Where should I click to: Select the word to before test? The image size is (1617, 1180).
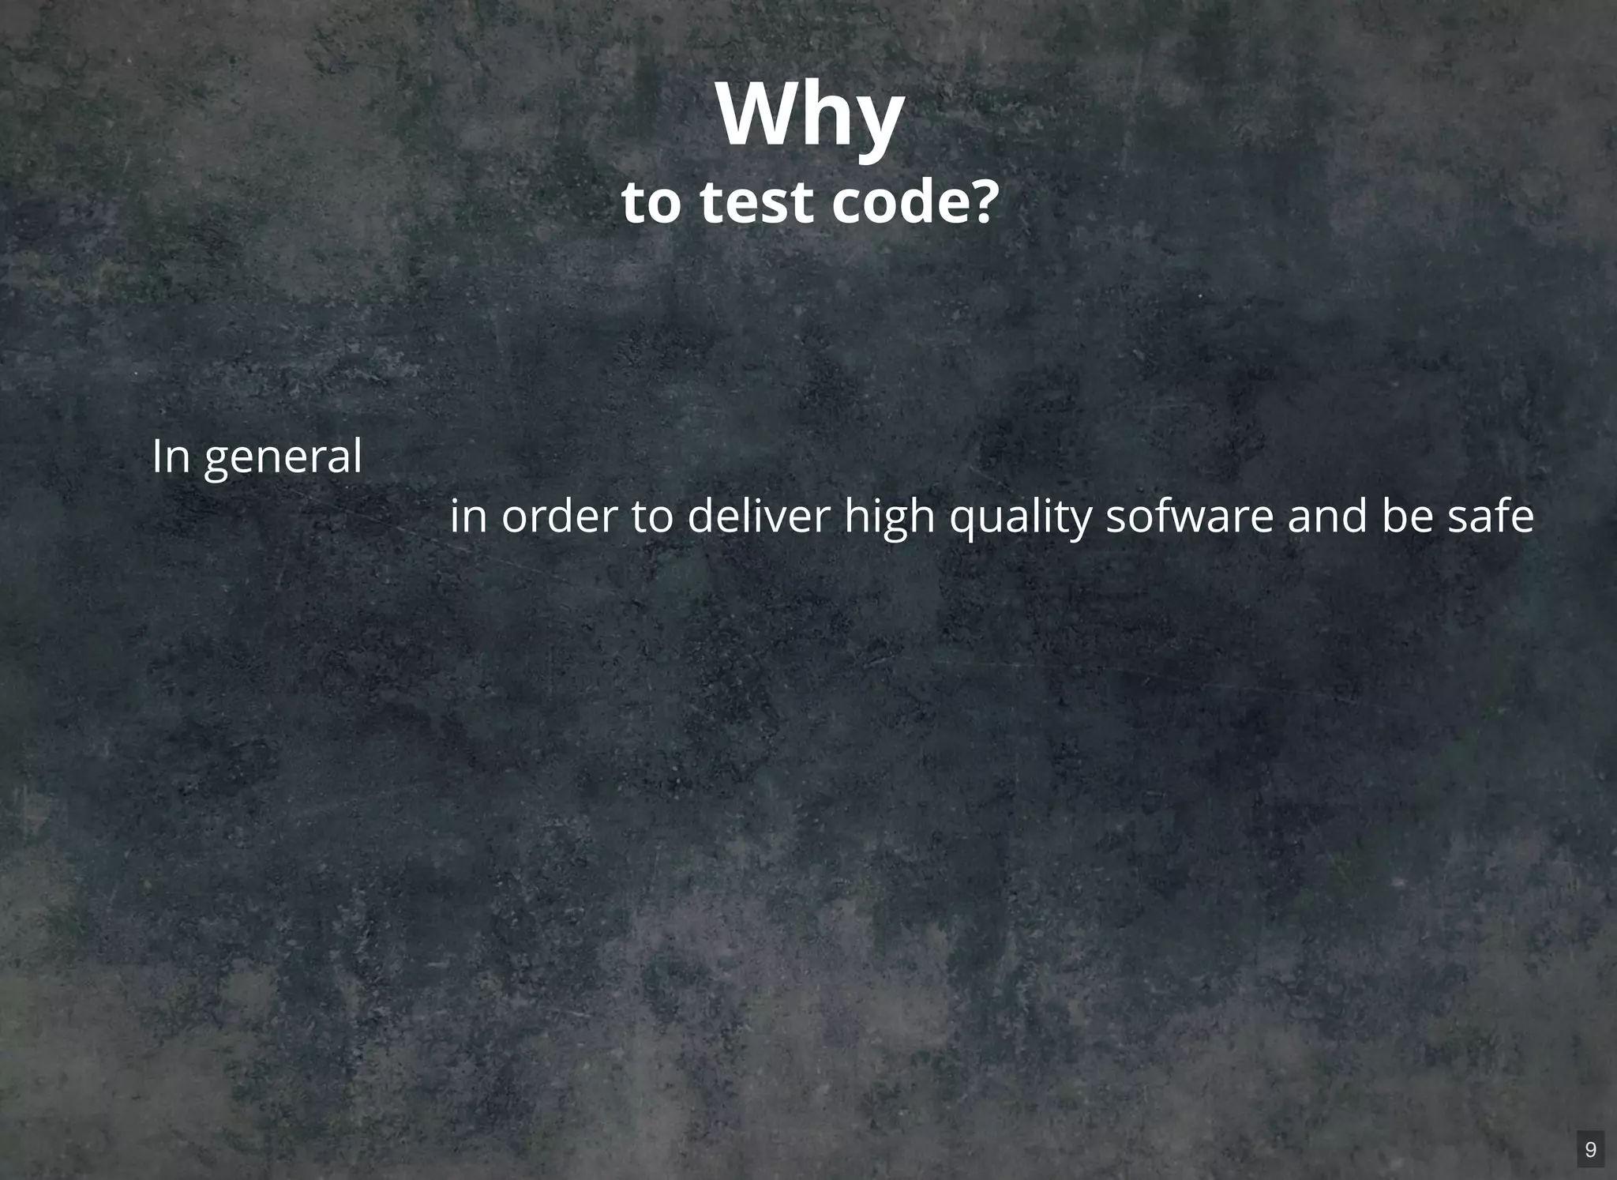[x=651, y=202]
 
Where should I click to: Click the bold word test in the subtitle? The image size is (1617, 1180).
[x=756, y=202]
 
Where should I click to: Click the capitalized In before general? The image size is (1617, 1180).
[x=171, y=456]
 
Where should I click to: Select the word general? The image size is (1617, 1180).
[x=283, y=459]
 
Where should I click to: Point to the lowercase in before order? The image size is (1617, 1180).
[x=467, y=516]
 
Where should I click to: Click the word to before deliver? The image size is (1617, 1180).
[x=652, y=516]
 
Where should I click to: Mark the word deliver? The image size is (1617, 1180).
[x=759, y=516]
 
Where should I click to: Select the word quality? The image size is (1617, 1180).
[x=1019, y=519]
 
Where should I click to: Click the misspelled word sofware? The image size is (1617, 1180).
[x=1189, y=516]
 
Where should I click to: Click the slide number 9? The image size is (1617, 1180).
[x=1590, y=1149]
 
